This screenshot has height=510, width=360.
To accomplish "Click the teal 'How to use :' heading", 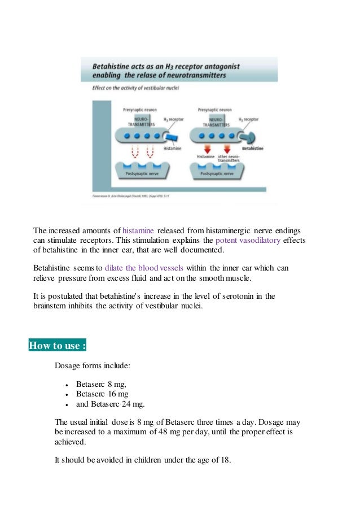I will [x=57, y=346].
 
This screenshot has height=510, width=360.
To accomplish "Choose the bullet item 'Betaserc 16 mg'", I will [x=102, y=394].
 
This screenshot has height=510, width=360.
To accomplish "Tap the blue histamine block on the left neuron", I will [x=170, y=137].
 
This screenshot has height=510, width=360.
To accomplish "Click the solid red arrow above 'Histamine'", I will [x=205, y=149].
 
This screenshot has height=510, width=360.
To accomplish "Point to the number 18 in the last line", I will [x=226, y=460].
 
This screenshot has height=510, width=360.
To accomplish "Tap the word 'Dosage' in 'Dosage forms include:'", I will [x=68, y=366].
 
